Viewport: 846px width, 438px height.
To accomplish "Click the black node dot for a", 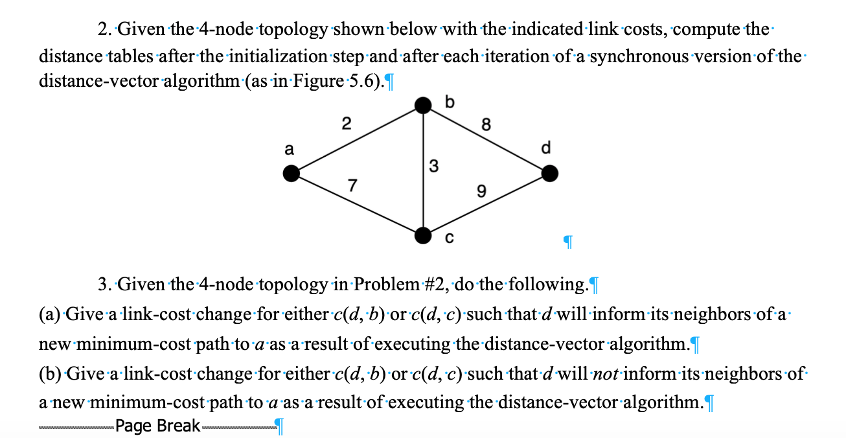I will coord(292,173).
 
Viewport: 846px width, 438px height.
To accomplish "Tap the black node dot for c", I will coord(423,236).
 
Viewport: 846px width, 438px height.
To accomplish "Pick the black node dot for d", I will coord(549,173).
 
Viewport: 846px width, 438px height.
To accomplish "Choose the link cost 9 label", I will coord(480,192).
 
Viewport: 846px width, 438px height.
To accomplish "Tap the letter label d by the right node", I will coord(545,149).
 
